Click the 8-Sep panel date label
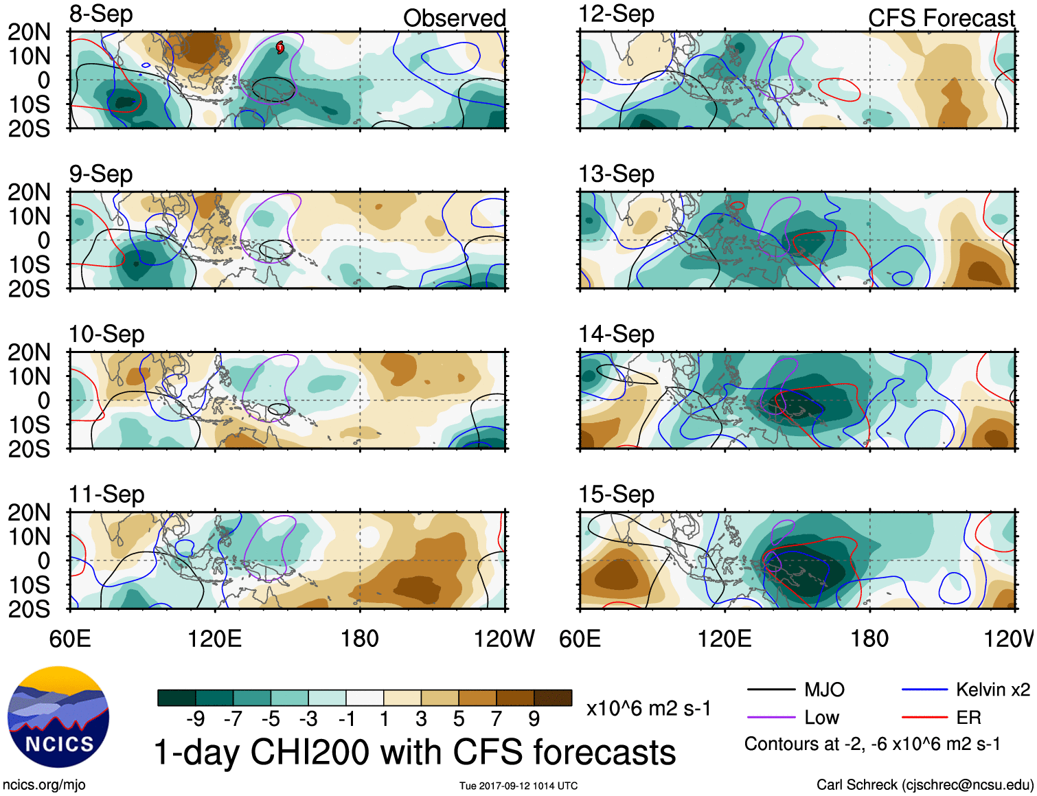coord(101,14)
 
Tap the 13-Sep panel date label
coord(616,174)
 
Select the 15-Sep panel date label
coord(616,494)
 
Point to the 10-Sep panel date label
coord(106,334)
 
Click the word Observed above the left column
coord(454,19)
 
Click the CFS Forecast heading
coord(941,19)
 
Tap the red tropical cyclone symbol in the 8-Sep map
coord(280,47)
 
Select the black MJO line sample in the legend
coord(771,690)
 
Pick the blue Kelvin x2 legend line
coord(924,690)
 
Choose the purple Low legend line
coord(771,718)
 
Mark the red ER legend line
coord(924,718)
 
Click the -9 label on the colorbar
coord(195,719)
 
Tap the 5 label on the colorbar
coord(458,719)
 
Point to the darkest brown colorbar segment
coord(553,698)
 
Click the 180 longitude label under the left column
coord(360,639)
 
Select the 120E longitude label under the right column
coord(725,639)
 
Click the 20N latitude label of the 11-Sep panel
coord(29,512)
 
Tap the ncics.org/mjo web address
coord(44,784)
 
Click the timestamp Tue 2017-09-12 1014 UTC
coord(518,786)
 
